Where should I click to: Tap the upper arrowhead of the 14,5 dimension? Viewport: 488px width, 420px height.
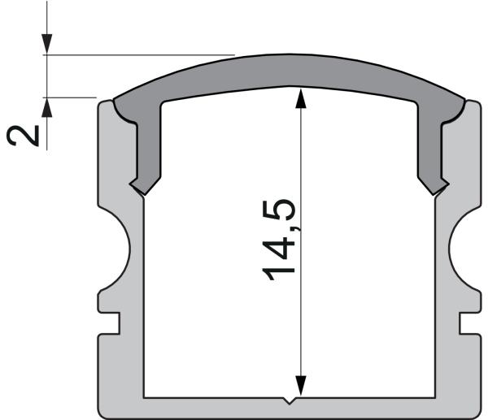coord(302,97)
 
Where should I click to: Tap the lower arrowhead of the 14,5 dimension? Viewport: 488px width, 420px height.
coord(302,385)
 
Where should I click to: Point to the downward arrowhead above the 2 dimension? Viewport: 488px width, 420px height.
coord(47,45)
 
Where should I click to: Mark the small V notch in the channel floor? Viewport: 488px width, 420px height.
coord(290,401)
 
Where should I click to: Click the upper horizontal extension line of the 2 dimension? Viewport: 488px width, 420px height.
coord(138,55)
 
